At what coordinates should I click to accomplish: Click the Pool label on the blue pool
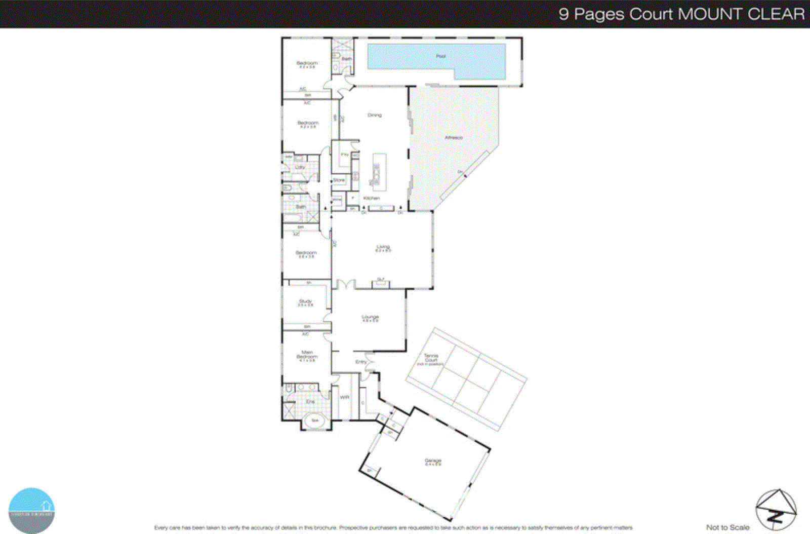(x=440, y=56)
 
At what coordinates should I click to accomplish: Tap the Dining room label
(x=375, y=115)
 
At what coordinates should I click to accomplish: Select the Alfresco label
(x=454, y=137)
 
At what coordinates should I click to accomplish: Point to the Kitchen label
(x=371, y=198)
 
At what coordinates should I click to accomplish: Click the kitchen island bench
(x=376, y=170)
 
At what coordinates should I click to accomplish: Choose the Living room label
(x=383, y=248)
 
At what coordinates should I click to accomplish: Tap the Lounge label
(x=370, y=318)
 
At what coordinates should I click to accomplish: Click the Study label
(x=305, y=302)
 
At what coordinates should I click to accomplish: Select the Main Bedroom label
(x=307, y=355)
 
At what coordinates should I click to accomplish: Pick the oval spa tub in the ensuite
(x=315, y=421)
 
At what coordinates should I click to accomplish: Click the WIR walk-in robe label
(x=345, y=397)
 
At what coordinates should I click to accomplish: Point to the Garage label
(x=433, y=461)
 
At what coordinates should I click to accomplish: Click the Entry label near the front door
(x=361, y=362)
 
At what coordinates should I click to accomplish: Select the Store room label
(x=339, y=180)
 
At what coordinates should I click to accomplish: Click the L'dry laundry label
(x=300, y=167)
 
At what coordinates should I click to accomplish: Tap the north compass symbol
(x=776, y=510)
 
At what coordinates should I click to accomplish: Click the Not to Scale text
(x=727, y=527)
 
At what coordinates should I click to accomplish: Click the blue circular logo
(x=31, y=510)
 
